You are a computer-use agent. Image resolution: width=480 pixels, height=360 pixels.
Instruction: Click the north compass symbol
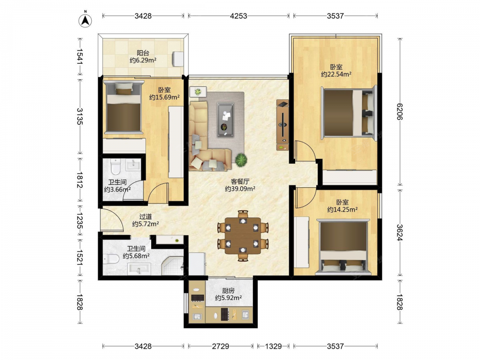pos(85,20)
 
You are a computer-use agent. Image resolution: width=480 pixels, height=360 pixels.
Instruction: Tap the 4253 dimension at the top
pos(239,16)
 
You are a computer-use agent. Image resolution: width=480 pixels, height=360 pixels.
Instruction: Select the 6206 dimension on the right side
pos(399,112)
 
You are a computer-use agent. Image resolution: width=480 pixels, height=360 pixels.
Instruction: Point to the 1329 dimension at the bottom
pos(273,346)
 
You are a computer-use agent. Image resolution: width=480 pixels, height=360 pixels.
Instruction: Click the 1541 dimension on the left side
pos(80,56)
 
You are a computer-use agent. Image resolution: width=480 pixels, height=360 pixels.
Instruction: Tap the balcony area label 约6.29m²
pos(143,60)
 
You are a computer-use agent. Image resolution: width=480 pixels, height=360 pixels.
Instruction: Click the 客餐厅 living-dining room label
pos(240,181)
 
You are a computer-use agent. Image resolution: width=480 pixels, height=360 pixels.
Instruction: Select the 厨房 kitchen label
pos(228,290)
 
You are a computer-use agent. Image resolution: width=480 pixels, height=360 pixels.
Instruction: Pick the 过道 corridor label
pos(145,217)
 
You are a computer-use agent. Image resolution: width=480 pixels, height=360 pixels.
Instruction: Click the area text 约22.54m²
pos(336,74)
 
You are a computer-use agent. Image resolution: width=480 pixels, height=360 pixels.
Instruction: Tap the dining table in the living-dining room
pos(243,236)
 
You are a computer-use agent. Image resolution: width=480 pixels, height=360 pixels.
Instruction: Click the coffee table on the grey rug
pos(226,120)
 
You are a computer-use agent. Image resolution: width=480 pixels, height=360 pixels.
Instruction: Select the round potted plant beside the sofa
pos(241,160)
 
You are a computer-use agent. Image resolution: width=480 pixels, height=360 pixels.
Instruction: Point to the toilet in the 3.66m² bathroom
pos(116,166)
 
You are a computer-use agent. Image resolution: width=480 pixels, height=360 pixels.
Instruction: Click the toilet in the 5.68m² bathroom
pos(111,259)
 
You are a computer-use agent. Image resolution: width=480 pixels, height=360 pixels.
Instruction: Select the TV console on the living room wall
pos(282,125)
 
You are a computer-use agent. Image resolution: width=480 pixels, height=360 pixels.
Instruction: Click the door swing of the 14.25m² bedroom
pos(306,198)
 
